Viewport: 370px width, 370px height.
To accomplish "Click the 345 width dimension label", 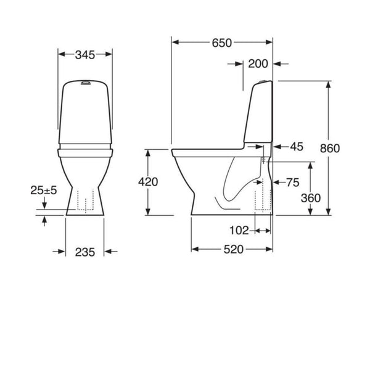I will click(x=85, y=55).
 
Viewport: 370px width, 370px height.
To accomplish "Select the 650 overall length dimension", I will click(x=221, y=43).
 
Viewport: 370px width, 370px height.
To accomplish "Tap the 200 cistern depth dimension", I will click(x=258, y=63).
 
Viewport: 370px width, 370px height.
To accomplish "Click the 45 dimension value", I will click(x=296, y=147).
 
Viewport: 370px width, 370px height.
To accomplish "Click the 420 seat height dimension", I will click(x=148, y=182).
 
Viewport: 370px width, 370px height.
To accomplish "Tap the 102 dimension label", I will click(x=239, y=230).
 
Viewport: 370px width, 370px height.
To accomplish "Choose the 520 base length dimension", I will click(x=232, y=249).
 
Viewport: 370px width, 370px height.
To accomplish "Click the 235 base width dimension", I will click(x=85, y=251).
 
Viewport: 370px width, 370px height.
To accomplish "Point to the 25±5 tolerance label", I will click(x=43, y=191).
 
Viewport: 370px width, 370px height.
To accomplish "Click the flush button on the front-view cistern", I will click(x=85, y=81).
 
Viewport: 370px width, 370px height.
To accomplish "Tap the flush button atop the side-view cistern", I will click(x=264, y=81).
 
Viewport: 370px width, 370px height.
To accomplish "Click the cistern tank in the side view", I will click(x=259, y=117).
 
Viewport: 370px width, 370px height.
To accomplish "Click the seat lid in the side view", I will click(x=210, y=150).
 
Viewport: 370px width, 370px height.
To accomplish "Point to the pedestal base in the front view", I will click(x=85, y=200).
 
